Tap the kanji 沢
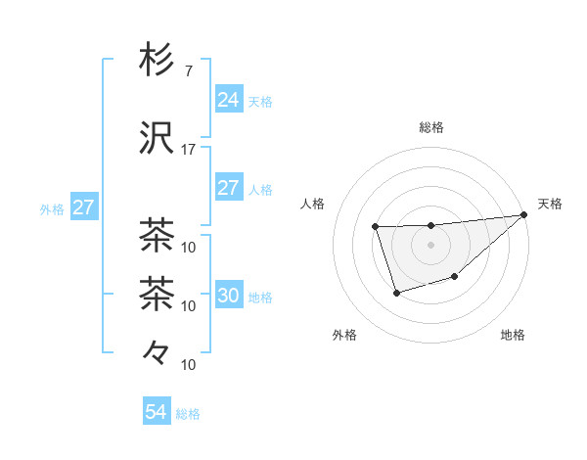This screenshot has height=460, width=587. (x=157, y=139)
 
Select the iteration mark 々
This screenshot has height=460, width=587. (x=157, y=350)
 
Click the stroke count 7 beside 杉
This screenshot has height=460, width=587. (x=188, y=70)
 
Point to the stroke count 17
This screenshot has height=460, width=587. (x=188, y=150)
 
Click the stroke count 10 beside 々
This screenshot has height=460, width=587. (x=189, y=365)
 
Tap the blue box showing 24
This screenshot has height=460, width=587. (x=228, y=99)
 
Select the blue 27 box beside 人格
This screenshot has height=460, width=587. (x=228, y=188)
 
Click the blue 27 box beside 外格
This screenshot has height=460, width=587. (x=83, y=207)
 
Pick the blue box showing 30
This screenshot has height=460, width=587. (x=228, y=296)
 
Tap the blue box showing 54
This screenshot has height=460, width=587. (x=156, y=412)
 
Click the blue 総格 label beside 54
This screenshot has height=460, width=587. (x=188, y=414)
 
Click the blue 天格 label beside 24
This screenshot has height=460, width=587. (x=260, y=101)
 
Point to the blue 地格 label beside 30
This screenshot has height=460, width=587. (x=260, y=298)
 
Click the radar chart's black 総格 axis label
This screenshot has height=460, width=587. (x=430, y=127)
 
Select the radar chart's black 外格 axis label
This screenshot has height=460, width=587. (x=344, y=336)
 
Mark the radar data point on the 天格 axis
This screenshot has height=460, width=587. (x=524, y=215)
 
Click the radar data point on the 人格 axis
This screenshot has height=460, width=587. (x=376, y=227)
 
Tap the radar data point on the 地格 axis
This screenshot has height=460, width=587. (x=455, y=278)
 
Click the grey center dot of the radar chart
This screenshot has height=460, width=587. (x=430, y=245)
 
